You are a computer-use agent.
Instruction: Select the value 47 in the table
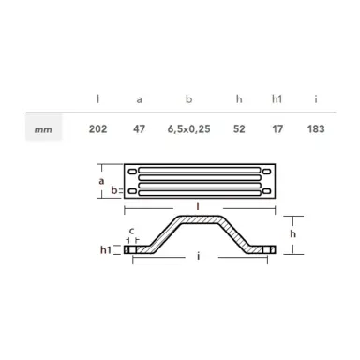(140, 128)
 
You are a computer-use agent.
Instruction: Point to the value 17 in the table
(277, 128)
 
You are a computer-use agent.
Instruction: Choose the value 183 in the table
(316, 128)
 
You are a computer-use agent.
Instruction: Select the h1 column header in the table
(276, 97)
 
